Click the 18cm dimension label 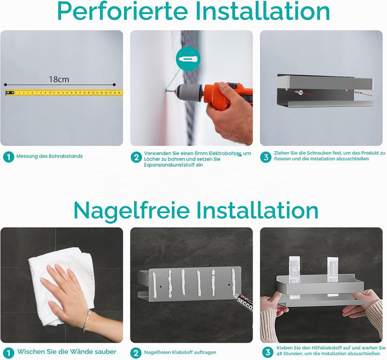[59, 79]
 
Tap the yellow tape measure [64, 93]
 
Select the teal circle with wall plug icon [188, 59]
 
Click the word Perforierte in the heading [123, 11]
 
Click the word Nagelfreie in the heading [132, 210]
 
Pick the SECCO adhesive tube [244, 302]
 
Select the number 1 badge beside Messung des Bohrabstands [9, 157]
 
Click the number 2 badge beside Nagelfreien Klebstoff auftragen [136, 353]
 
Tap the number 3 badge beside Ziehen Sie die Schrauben [266, 157]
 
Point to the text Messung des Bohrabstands [49, 156]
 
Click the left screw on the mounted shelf [300, 93]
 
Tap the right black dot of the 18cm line [114, 84]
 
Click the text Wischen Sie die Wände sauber [67, 351]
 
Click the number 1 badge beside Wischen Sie [9, 353]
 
